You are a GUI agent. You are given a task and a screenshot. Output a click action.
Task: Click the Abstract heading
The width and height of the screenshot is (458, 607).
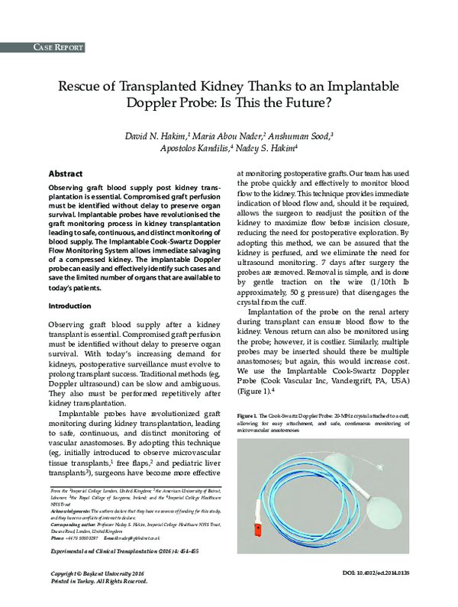65,174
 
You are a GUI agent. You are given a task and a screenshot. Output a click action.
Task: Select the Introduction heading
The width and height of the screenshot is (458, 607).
69,306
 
